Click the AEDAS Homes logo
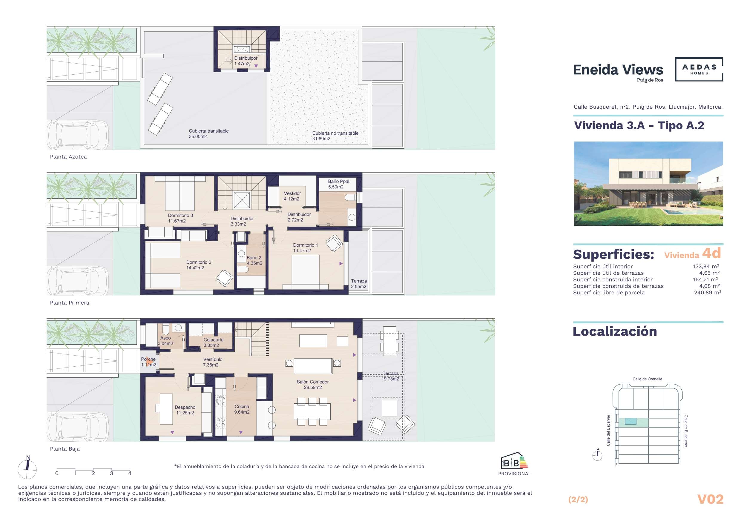(x=699, y=69)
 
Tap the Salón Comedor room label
(x=312, y=385)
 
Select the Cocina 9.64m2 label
(x=242, y=409)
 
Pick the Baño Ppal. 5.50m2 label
(x=339, y=184)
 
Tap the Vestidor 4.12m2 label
(x=292, y=196)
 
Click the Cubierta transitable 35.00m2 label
(x=208, y=133)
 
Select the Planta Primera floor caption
(x=69, y=303)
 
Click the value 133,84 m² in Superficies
(x=706, y=266)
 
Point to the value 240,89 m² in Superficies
(x=708, y=292)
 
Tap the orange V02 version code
(x=710, y=499)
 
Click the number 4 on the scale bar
(x=130, y=473)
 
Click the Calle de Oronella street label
(x=647, y=379)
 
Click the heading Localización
(x=615, y=331)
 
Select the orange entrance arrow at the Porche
(x=149, y=362)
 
